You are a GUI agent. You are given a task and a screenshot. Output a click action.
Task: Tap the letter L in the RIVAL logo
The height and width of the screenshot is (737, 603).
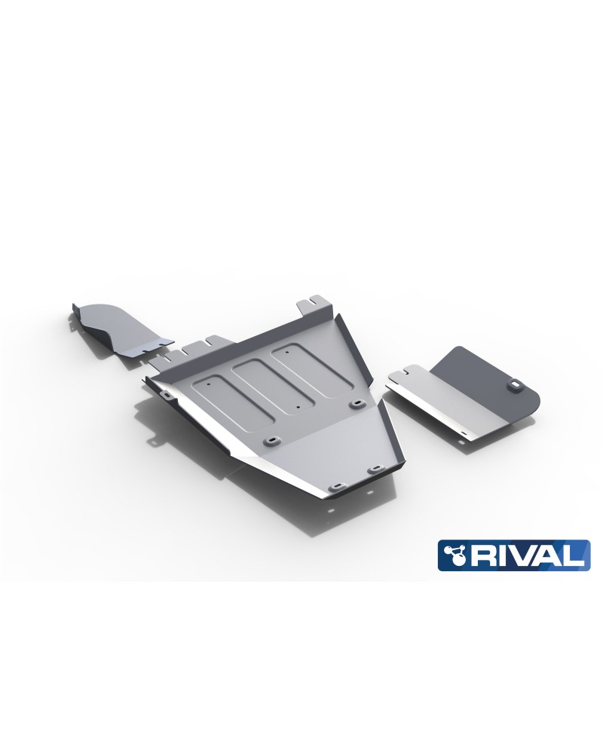(x=575, y=556)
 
